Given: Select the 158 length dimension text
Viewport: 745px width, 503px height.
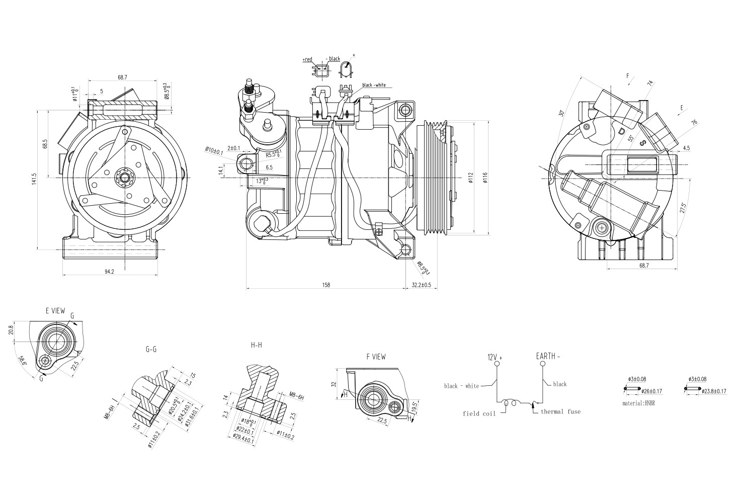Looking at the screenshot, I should click(x=326, y=285).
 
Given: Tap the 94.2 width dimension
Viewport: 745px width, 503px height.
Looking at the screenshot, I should click(x=109, y=272).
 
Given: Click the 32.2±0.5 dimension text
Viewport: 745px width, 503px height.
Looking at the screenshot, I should click(x=422, y=285).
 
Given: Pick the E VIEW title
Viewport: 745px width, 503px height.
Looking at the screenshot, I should click(x=55, y=311).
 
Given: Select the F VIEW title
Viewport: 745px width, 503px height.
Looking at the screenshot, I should click(x=376, y=357).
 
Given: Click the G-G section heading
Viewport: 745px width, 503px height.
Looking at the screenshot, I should click(x=150, y=349).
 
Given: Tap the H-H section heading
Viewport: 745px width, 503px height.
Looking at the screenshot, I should click(x=256, y=345).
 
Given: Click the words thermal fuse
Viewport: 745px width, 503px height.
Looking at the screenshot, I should click(x=560, y=411).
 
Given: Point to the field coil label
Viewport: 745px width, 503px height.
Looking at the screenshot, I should click(x=479, y=413).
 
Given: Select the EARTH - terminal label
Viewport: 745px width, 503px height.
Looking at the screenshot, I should click(x=548, y=356).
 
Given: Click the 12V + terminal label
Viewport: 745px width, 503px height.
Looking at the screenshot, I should click(x=494, y=357).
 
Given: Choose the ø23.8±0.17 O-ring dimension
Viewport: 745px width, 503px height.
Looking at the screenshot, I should click(x=709, y=391).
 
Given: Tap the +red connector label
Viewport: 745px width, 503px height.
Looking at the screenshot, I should click(x=307, y=59).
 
